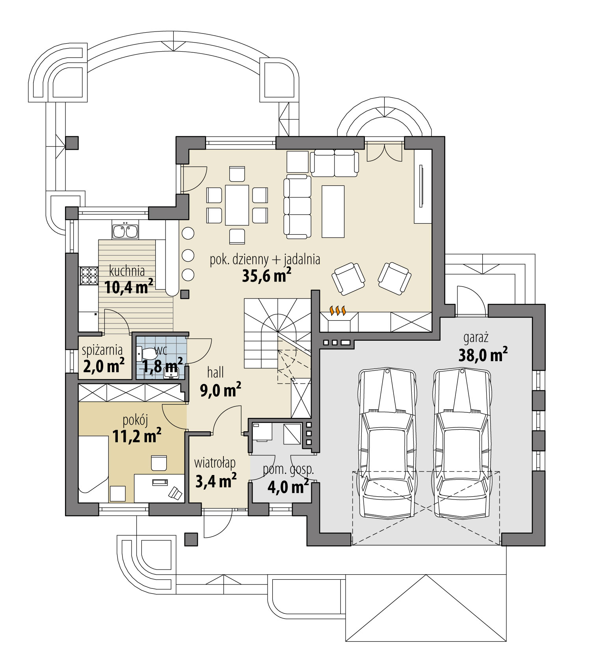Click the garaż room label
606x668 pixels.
tap(476, 338)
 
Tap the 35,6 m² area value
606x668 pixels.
tap(266, 276)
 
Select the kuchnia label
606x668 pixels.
tap(127, 271)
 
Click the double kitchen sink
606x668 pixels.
tap(125, 232)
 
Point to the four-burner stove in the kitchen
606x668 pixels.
tap(89, 276)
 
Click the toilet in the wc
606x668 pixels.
tap(146, 354)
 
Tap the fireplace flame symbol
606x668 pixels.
tap(338, 310)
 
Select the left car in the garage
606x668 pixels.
tap(388, 443)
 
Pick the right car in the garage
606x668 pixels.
tap(463, 443)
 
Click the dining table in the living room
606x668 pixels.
tap(237, 205)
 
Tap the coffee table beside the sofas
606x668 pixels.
tap(333, 212)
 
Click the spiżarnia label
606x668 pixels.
tap(102, 350)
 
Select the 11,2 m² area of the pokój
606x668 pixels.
tap(137, 436)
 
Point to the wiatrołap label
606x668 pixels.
tap(215, 463)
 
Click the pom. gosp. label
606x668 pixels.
tap(288, 469)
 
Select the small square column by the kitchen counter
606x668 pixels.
tap(185, 294)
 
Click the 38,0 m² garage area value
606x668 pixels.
tap(483, 355)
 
